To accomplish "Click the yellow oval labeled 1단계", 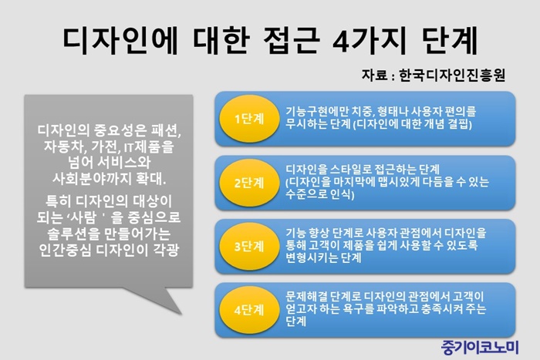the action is pos(249,119).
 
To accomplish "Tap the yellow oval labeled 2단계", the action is pos(249,183).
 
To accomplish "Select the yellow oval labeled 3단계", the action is pos(249,247).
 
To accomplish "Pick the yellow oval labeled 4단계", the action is pos(249,310).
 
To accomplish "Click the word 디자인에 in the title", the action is pos(120,41).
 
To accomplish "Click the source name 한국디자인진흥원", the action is pos(452,75).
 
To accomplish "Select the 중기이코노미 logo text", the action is pos(480,347).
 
